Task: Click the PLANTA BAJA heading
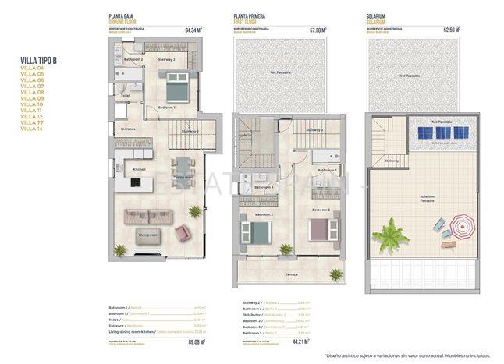pos(122,16)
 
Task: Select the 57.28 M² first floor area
pos(318,31)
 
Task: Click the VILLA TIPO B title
pos(39,60)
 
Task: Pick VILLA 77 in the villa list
pos(30,122)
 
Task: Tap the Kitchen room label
pos(140,169)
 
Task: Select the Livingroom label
pos(148,234)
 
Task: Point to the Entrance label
pos(129,129)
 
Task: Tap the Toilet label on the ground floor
pos(126,96)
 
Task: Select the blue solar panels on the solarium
pos(443,133)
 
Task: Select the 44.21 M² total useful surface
pos(318,341)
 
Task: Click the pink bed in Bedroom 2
pos(321,228)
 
